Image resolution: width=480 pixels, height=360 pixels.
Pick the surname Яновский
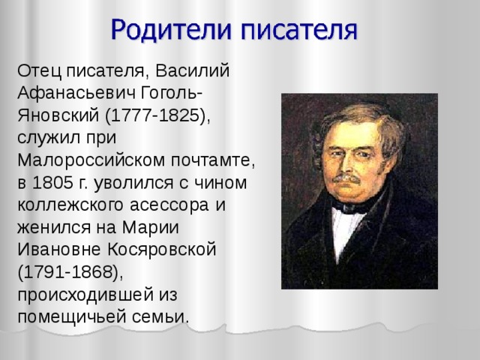click(x=56, y=118)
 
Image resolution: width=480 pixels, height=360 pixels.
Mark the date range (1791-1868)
click(x=68, y=271)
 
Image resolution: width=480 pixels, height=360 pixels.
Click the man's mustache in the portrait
click(x=347, y=178)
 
